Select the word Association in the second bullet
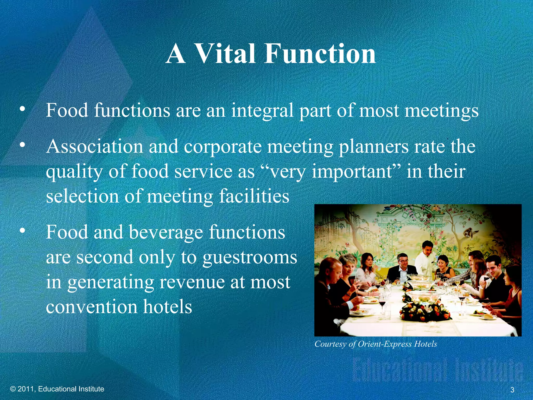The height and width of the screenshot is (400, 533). tap(94, 146)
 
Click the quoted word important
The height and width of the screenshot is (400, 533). tap(352, 172)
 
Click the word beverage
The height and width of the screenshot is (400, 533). tap(166, 232)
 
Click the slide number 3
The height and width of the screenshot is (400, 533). tap(512, 390)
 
